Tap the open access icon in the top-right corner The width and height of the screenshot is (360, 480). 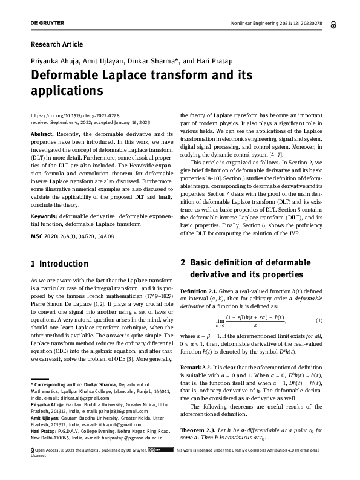click(335, 24)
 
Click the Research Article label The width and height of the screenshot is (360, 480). click(56, 44)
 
